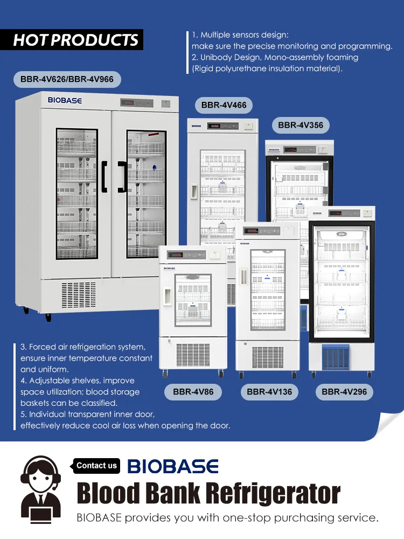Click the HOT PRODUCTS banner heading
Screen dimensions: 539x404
[x=75, y=40]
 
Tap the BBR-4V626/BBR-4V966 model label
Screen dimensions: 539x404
[x=67, y=79]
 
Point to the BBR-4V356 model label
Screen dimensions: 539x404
[x=301, y=126]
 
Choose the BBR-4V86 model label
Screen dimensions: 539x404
[x=193, y=392]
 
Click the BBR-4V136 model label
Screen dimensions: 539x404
[x=269, y=392]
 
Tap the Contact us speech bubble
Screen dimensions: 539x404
[x=96, y=466]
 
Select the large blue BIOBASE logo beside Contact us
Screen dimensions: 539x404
[x=173, y=466]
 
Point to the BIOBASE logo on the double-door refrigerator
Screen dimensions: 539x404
[x=65, y=100]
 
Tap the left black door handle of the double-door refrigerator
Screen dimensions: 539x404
[x=105, y=176]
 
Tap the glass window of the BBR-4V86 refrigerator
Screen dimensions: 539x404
[x=193, y=297]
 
